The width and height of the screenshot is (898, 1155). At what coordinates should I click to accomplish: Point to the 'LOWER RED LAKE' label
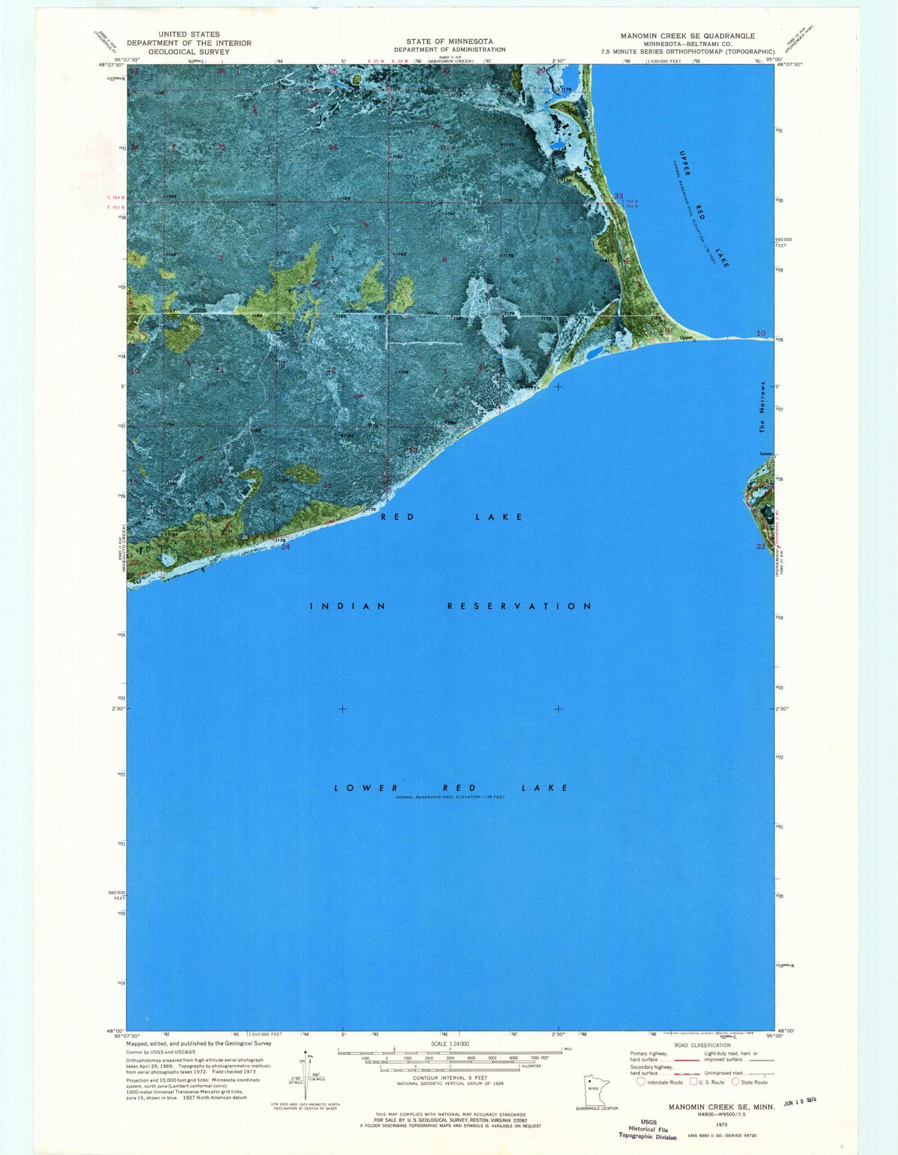[451, 788]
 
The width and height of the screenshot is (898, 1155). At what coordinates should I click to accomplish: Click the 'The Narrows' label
[762, 407]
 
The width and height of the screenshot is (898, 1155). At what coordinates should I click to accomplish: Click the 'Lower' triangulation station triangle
[773, 456]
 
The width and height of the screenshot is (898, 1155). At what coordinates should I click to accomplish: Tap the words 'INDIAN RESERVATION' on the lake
[451, 606]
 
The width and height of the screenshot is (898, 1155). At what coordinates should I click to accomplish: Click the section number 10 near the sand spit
[761, 333]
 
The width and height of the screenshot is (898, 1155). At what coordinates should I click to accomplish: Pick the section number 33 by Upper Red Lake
[618, 196]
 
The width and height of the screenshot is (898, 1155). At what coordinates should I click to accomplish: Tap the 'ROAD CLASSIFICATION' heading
[702, 1045]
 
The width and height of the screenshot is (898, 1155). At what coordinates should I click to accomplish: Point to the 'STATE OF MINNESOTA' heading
[450, 41]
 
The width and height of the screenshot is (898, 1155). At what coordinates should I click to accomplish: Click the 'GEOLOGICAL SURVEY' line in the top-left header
[189, 52]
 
